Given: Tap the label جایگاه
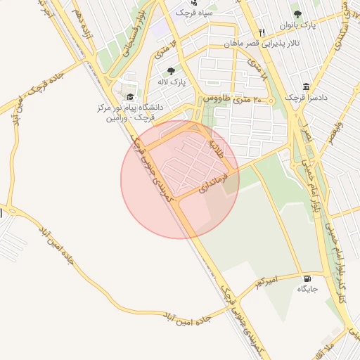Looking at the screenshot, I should (307, 289).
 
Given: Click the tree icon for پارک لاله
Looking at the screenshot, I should (171, 70).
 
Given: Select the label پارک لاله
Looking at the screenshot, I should (171, 82).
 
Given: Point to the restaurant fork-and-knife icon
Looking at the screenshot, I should (262, 32).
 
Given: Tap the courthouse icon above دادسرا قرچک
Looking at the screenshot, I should (307, 86).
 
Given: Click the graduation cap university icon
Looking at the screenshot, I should (130, 96).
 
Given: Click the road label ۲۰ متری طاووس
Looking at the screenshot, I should (231, 99).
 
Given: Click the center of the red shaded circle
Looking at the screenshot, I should (180, 179).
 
